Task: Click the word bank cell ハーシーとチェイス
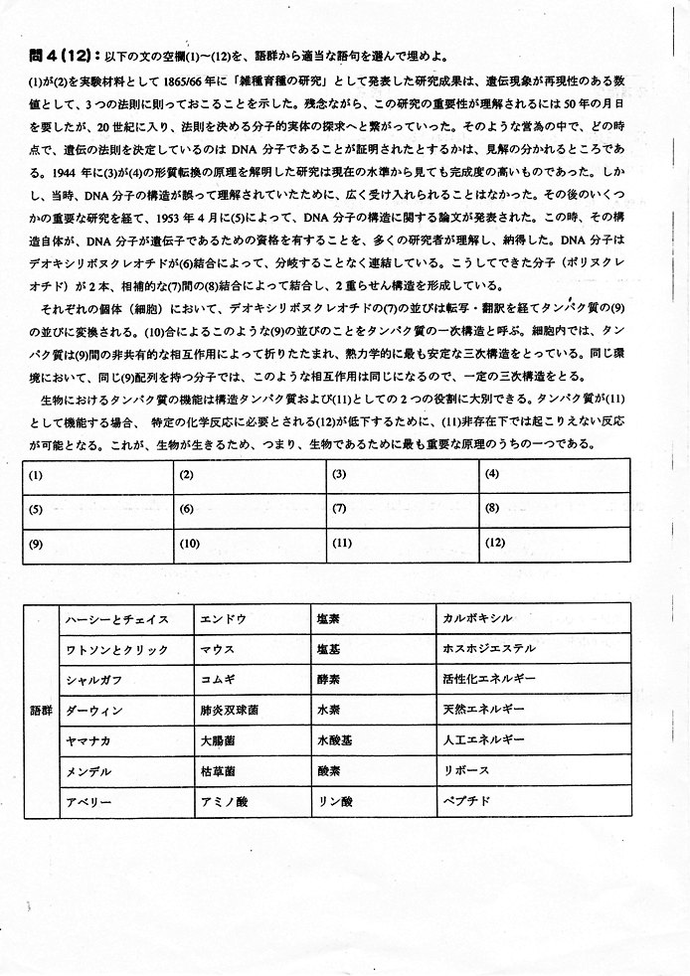coord(116,619)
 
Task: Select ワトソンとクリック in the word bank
coord(116,649)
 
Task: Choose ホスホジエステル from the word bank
coord(489,649)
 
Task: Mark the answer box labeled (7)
coord(402,510)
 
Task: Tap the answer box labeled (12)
coord(555,545)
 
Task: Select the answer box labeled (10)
coord(250,545)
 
